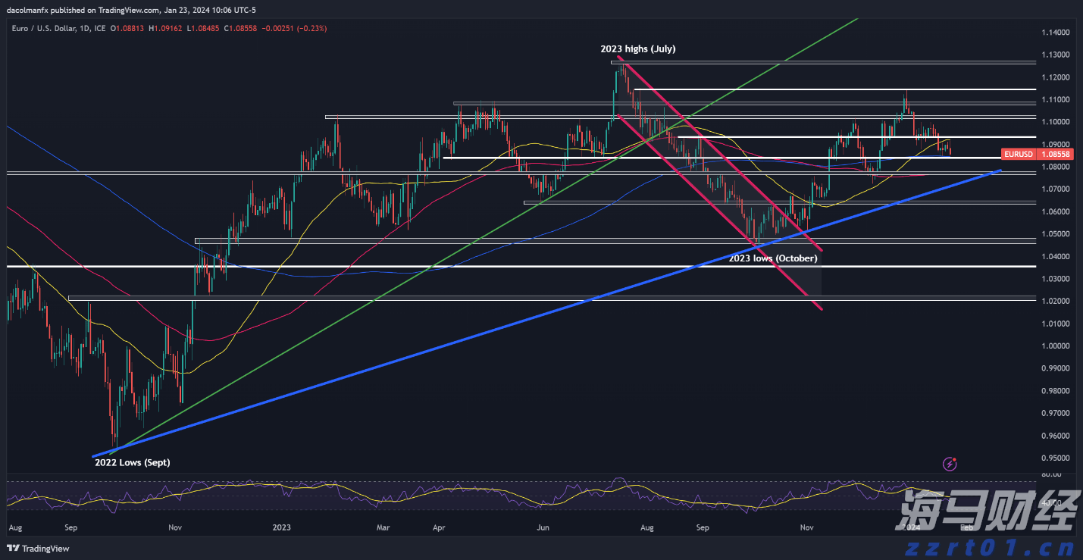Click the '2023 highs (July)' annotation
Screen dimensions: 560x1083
pyautogui.click(x=637, y=48)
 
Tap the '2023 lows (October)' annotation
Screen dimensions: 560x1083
pyautogui.click(x=773, y=258)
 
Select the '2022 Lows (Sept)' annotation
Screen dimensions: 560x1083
pyautogui.click(x=132, y=462)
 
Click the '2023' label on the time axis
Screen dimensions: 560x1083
pyautogui.click(x=282, y=526)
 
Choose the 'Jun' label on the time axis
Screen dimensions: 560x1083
pyautogui.click(x=543, y=526)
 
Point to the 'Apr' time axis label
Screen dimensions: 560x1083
pyautogui.click(x=439, y=526)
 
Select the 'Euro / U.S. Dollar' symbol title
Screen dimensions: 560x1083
pyautogui.click(x=45, y=29)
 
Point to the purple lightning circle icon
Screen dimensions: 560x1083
pyautogui.click(x=950, y=462)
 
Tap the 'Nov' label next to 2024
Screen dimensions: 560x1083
pyautogui.click(x=806, y=526)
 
